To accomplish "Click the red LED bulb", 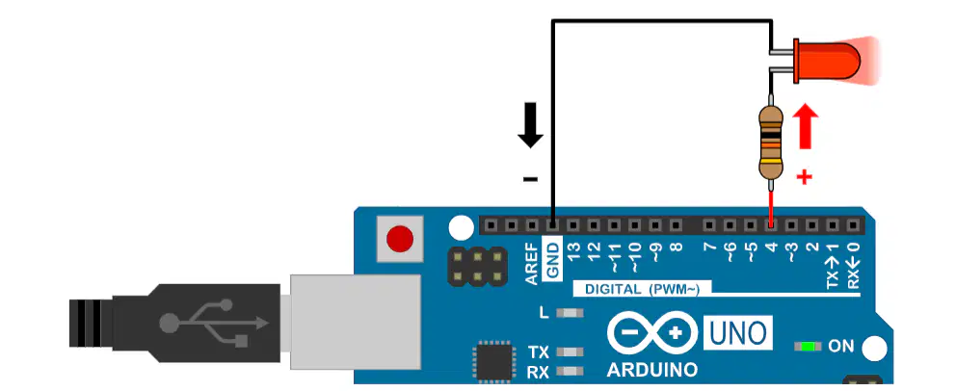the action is tap(826, 61).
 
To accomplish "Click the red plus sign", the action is tap(805, 177).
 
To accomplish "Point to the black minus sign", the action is tap(530, 179).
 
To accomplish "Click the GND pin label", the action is tap(553, 261).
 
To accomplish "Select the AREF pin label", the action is tap(532, 263).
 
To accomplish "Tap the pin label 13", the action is tap(574, 251).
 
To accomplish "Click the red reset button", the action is tap(399, 239).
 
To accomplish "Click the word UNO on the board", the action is tap(738, 333).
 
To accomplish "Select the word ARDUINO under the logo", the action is tap(651, 370).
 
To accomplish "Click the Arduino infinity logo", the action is tap(651, 332).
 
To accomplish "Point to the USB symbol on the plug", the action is tap(213, 323).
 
